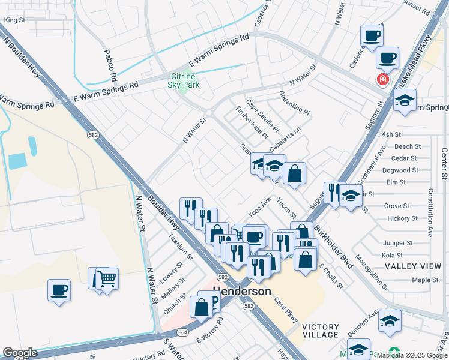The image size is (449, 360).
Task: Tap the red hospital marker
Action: (x=381, y=79)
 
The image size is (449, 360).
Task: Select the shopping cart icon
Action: (x=107, y=277)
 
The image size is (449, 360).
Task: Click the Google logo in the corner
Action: (x=20, y=353)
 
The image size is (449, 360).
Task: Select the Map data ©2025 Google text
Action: (x=412, y=355)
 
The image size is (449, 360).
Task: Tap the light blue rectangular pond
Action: (x=17, y=160)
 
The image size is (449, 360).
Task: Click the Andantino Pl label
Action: (x=294, y=103)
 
